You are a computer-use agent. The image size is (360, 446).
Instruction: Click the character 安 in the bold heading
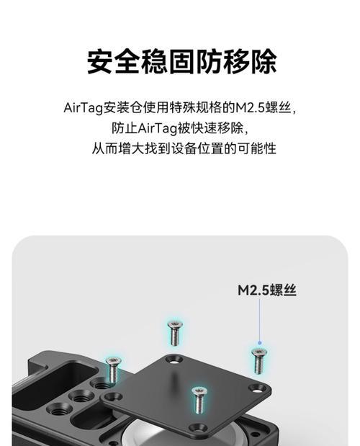(x=100, y=61)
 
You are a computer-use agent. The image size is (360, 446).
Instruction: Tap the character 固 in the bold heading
(x=181, y=61)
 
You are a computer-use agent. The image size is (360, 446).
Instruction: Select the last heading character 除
(x=263, y=61)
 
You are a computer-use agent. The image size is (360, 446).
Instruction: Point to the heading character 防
(x=208, y=61)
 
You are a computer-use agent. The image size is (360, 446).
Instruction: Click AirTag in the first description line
(x=83, y=108)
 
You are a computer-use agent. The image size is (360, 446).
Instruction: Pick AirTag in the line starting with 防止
(x=158, y=128)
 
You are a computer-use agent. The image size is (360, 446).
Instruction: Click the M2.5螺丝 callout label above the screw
(x=267, y=290)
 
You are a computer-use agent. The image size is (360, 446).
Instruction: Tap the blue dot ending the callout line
(x=259, y=343)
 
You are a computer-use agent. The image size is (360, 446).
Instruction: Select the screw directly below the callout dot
(x=259, y=361)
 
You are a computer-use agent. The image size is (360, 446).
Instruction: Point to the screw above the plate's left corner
(x=113, y=370)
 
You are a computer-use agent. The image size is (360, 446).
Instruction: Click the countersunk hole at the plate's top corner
(x=174, y=360)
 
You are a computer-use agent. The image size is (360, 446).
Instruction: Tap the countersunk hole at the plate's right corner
(x=258, y=388)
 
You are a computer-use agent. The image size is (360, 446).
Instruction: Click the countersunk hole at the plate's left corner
(x=113, y=396)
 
